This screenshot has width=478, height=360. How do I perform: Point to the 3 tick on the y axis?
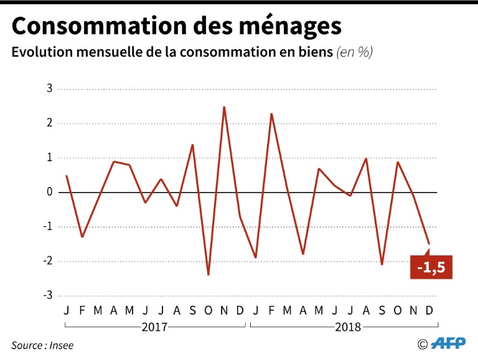pyautogui.click(x=50, y=88)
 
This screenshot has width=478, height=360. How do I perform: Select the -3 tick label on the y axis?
pyautogui.click(x=47, y=295)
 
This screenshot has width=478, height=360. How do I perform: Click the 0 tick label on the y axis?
pyautogui.click(x=50, y=192)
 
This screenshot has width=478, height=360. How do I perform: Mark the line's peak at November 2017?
pyautogui.click(x=224, y=107)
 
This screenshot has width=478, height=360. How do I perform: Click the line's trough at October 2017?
pyautogui.click(x=208, y=275)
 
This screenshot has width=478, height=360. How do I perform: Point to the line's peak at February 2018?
pyautogui.click(x=271, y=114)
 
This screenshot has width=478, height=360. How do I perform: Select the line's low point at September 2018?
pyautogui.click(x=382, y=264)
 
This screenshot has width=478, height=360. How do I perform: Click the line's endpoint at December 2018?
pyautogui.click(x=429, y=244)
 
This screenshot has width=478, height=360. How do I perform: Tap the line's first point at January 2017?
pyautogui.click(x=67, y=176)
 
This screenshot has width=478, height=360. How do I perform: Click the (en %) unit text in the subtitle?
pyautogui.click(x=354, y=53)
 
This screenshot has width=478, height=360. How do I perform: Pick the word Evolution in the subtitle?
pyautogui.click(x=40, y=53)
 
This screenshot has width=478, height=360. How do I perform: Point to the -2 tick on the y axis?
pyautogui.click(x=47, y=261)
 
